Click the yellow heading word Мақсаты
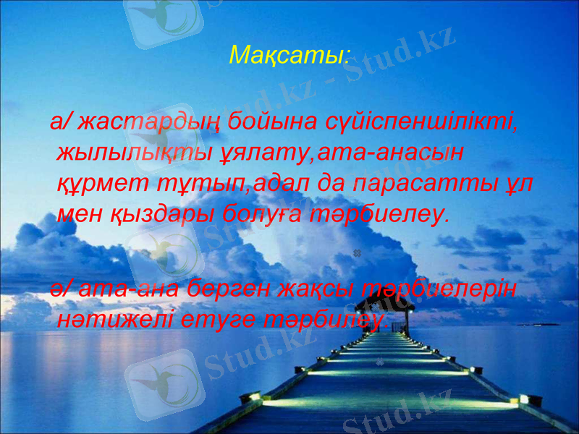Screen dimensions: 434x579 [x=287, y=54]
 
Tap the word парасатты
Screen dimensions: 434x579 [x=413, y=184]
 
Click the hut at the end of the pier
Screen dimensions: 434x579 [x=397, y=315]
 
